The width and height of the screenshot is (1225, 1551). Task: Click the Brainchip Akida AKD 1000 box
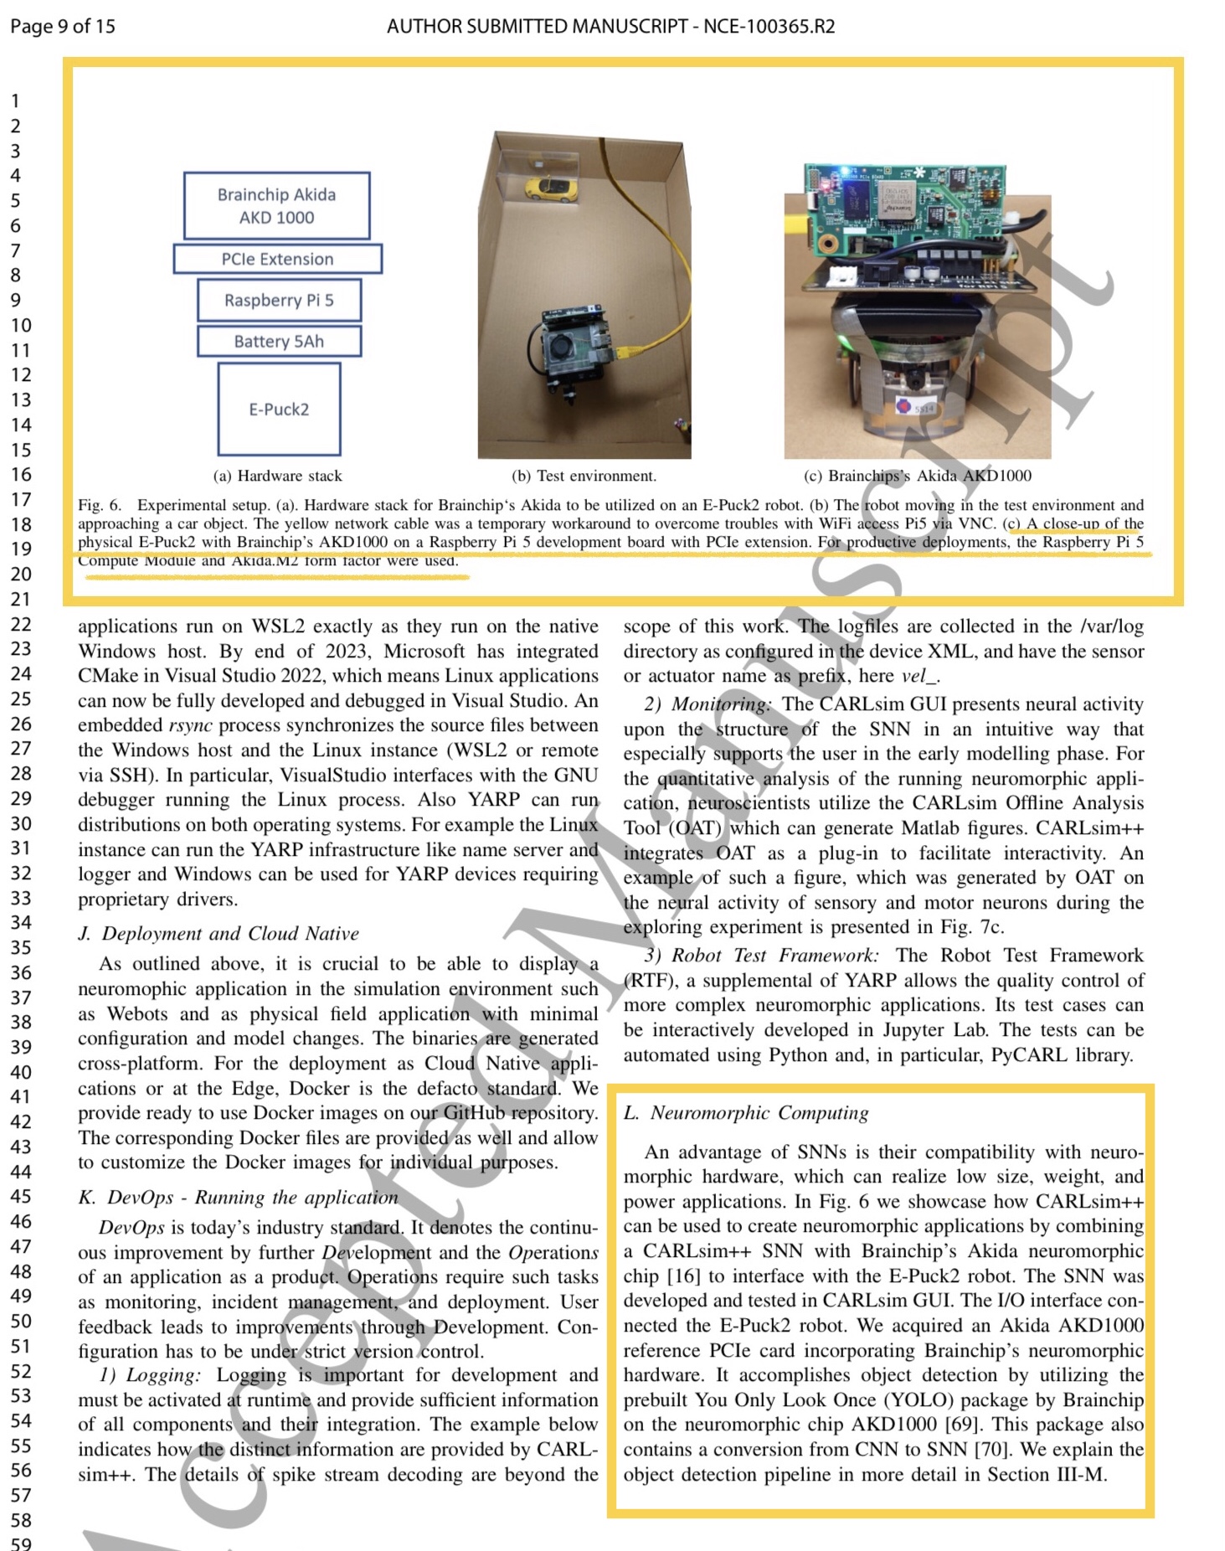click(x=276, y=206)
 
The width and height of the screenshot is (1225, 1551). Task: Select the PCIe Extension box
click(x=277, y=259)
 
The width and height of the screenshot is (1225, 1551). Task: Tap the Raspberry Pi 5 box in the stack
click(x=279, y=300)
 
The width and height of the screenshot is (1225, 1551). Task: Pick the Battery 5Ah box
click(x=279, y=341)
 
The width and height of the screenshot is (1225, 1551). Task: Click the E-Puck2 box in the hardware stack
click(x=279, y=410)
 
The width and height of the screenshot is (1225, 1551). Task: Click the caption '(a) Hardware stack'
click(x=277, y=476)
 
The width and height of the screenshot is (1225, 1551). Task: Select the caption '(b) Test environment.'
click(x=584, y=476)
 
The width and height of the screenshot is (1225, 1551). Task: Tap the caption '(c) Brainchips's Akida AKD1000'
click(x=917, y=476)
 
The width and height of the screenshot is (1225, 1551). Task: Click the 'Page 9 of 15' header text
click(x=63, y=26)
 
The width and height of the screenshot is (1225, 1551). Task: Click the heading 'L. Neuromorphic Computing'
click(x=746, y=1113)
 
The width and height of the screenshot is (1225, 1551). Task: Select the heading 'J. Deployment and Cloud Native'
click(x=219, y=934)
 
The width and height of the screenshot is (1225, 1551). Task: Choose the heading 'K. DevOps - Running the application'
click(x=238, y=1198)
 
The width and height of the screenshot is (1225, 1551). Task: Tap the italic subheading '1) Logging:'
click(x=150, y=1375)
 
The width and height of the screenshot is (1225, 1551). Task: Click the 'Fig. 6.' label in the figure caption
click(x=100, y=505)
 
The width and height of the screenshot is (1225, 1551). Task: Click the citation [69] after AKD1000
click(x=962, y=1425)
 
